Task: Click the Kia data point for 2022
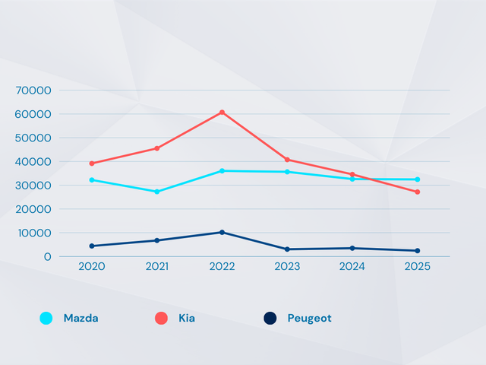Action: pyautogui.click(x=222, y=113)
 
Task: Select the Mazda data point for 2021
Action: pyautogui.click(x=157, y=192)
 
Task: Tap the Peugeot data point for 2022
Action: pyautogui.click(x=222, y=232)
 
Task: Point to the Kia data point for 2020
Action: pyautogui.click(x=92, y=163)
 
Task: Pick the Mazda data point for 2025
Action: pyautogui.click(x=417, y=179)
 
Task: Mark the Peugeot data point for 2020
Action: pyautogui.click(x=92, y=246)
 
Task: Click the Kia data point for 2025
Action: pyautogui.click(x=417, y=192)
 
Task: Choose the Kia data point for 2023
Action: pyautogui.click(x=287, y=160)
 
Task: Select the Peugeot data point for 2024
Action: pyautogui.click(x=352, y=248)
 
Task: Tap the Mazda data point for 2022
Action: pyautogui.click(x=222, y=171)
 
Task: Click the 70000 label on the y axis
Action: pyautogui.click(x=33, y=90)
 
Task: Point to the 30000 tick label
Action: pyautogui.click(x=33, y=186)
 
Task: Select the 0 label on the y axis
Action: pyautogui.click(x=48, y=257)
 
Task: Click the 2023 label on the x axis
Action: pyautogui.click(x=287, y=267)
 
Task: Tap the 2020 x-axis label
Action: pyautogui.click(x=92, y=267)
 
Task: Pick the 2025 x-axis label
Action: pyautogui.click(x=417, y=267)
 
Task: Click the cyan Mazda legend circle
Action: pyautogui.click(x=46, y=319)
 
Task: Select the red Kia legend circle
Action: pyautogui.click(x=161, y=319)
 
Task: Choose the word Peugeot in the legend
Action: pyautogui.click(x=309, y=319)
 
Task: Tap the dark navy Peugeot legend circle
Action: pyautogui.click(x=270, y=319)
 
